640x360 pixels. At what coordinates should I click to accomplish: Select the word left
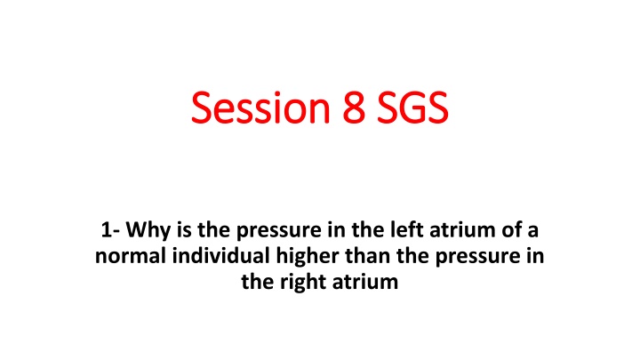click(372, 234)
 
